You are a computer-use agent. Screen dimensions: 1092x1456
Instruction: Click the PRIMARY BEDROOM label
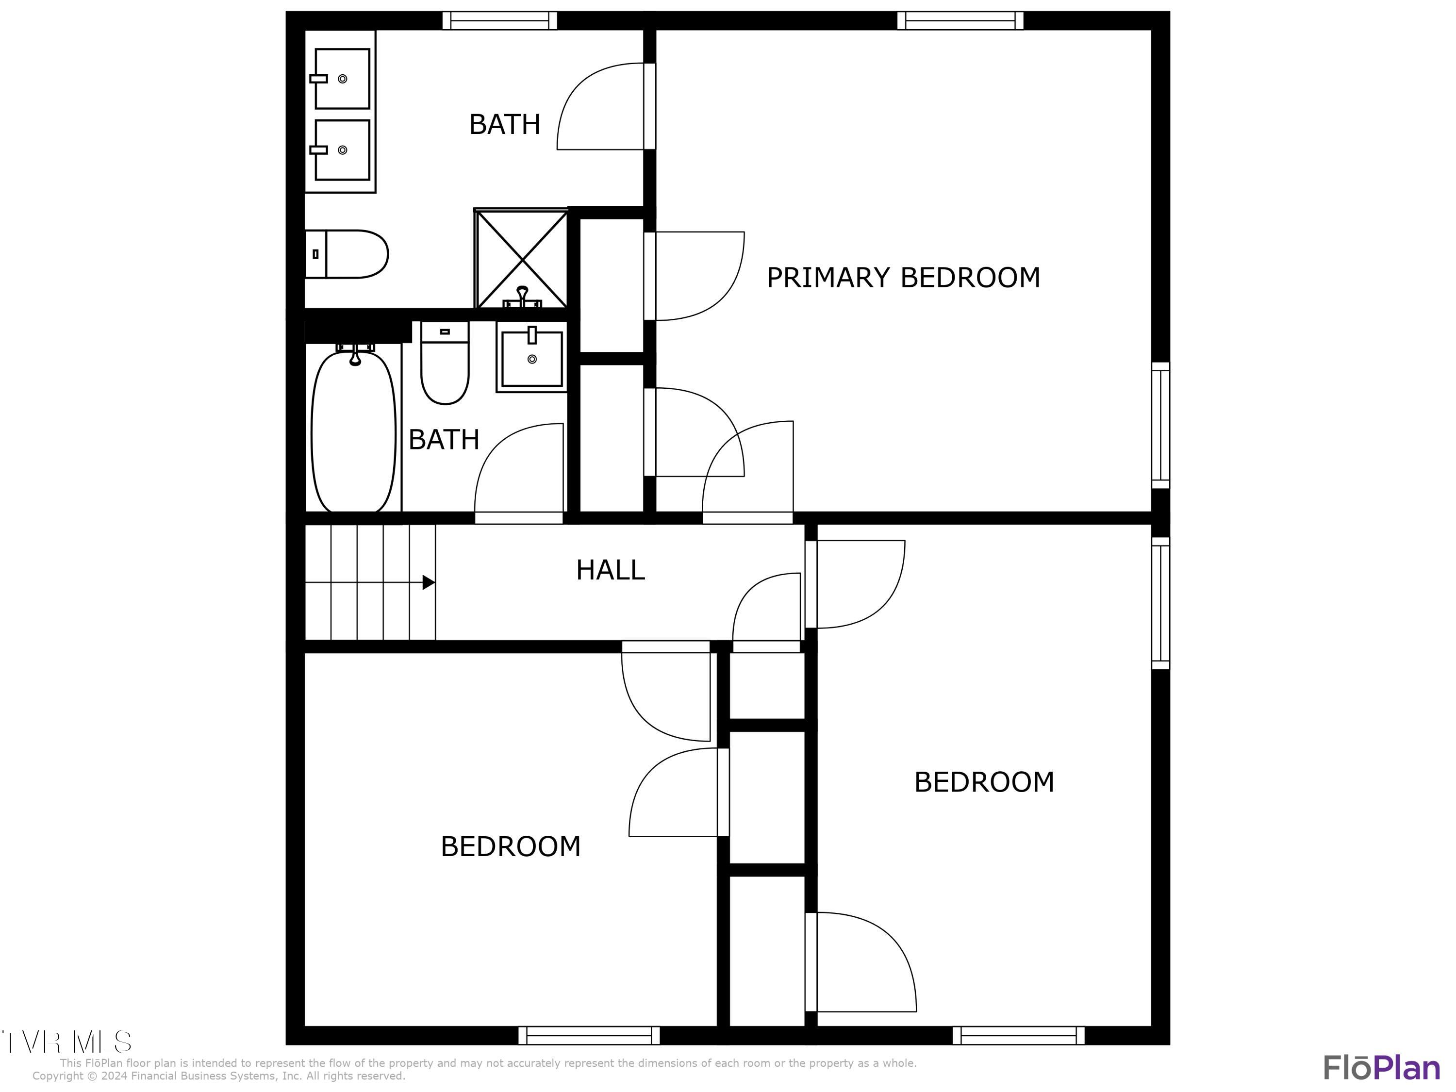pyautogui.click(x=903, y=278)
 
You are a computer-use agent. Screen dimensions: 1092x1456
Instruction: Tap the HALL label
pyautogui.click(x=610, y=570)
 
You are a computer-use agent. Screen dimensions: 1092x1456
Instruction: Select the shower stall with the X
pyautogui.click(x=521, y=259)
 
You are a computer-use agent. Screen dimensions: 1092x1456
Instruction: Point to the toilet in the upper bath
pyautogui.click(x=347, y=254)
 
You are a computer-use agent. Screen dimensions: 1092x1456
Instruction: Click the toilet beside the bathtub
pyautogui.click(x=445, y=364)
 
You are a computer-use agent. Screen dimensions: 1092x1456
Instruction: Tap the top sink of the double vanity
pyautogui.click(x=342, y=78)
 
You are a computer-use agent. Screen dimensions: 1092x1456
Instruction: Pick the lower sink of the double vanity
pyautogui.click(x=342, y=150)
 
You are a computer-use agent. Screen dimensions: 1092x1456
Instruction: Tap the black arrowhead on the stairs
pyautogui.click(x=428, y=582)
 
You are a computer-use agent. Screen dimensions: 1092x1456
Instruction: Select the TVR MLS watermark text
pyautogui.click(x=66, y=1042)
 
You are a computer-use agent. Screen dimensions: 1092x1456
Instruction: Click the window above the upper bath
pyautogui.click(x=499, y=20)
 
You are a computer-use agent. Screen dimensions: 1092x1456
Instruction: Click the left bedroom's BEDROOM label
pyautogui.click(x=510, y=846)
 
